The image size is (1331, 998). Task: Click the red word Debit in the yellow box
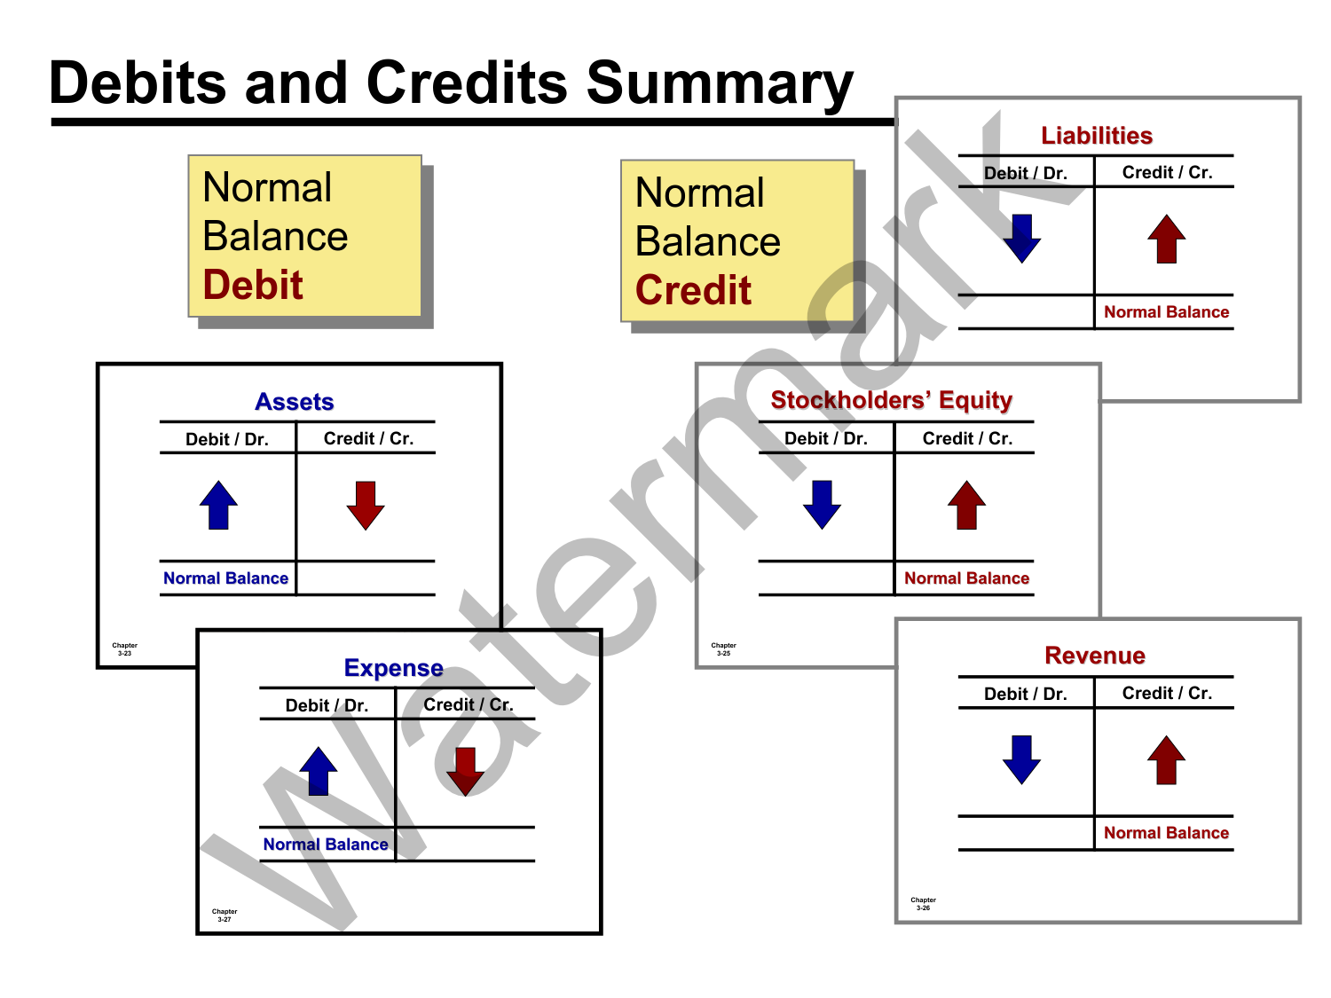[253, 285]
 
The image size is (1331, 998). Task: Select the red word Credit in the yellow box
[693, 290]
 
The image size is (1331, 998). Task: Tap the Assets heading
[294, 402]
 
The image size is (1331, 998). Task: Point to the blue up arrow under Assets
[218, 505]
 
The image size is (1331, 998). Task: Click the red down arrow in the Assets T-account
[366, 505]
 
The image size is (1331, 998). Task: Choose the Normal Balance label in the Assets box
[225, 578]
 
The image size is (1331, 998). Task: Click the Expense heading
[393, 668]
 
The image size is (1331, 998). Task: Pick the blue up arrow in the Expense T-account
[319, 771]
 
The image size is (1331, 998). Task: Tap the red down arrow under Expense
[465, 771]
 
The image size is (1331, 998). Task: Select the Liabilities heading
[1096, 136]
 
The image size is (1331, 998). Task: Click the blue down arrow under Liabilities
[1021, 239]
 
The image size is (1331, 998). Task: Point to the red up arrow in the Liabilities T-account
[1166, 239]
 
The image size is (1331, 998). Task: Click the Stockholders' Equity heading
[891, 400]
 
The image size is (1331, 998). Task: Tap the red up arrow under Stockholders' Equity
[966, 505]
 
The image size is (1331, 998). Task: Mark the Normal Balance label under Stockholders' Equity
[966, 578]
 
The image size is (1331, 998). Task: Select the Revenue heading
[1095, 656]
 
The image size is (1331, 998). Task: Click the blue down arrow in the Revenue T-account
[1021, 759]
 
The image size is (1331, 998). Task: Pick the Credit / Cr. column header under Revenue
[1167, 693]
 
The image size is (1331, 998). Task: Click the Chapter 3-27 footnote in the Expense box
[224, 915]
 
